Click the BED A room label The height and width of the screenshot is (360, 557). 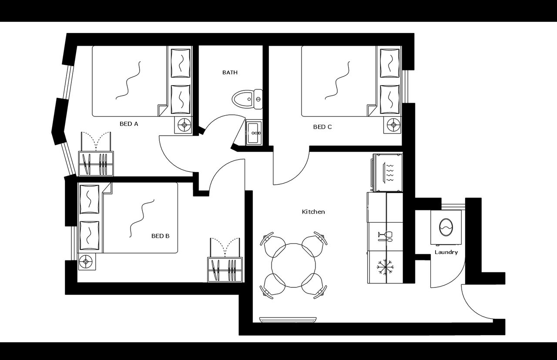(129, 124)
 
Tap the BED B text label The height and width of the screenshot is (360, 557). (160, 236)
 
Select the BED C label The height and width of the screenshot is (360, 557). (322, 127)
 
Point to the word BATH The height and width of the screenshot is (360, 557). (230, 73)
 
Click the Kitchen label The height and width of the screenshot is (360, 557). (313, 212)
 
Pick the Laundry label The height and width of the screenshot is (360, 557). (446, 252)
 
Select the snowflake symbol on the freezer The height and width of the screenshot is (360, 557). (386, 267)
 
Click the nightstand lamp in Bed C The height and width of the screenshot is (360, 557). (393, 125)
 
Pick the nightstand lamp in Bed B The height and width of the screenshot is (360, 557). (87, 262)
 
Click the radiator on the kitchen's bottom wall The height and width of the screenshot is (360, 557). (288, 320)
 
